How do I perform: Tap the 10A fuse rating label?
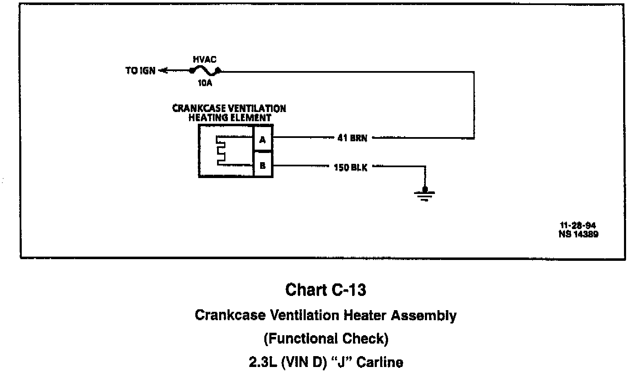click(x=205, y=83)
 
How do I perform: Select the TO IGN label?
click(x=141, y=71)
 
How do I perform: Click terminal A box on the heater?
click(x=263, y=140)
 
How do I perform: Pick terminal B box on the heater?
click(x=263, y=166)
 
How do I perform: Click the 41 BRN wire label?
click(x=352, y=138)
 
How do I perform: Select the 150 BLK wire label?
click(x=350, y=168)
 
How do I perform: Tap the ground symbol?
click(x=424, y=194)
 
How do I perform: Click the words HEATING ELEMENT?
click(x=230, y=118)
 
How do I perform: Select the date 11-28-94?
click(x=578, y=226)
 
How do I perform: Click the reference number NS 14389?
click(x=578, y=234)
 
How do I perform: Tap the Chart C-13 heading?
click(x=325, y=290)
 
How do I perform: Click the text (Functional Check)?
click(x=326, y=338)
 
